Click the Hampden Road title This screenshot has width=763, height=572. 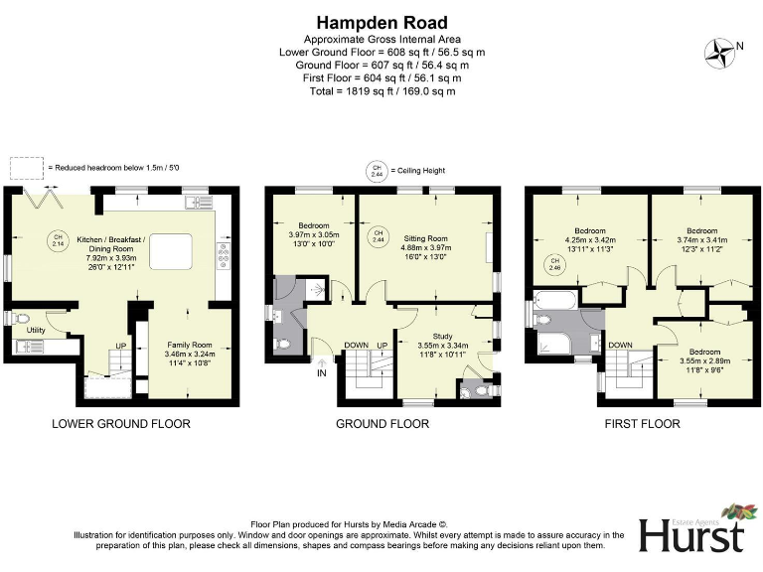pos(381,22)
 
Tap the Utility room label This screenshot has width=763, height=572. pos(37,329)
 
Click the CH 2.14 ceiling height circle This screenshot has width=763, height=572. pos(58,239)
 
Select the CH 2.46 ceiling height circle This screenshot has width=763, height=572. pos(552,265)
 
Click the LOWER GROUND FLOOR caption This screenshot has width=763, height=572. pos(121,424)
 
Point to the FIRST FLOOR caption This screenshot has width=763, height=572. pos(643,424)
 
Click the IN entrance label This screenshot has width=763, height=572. pos(321,374)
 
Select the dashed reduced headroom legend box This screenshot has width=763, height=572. pos(26,168)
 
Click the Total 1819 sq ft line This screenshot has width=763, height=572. pos(381,90)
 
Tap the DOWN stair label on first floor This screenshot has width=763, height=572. pos(620,345)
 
